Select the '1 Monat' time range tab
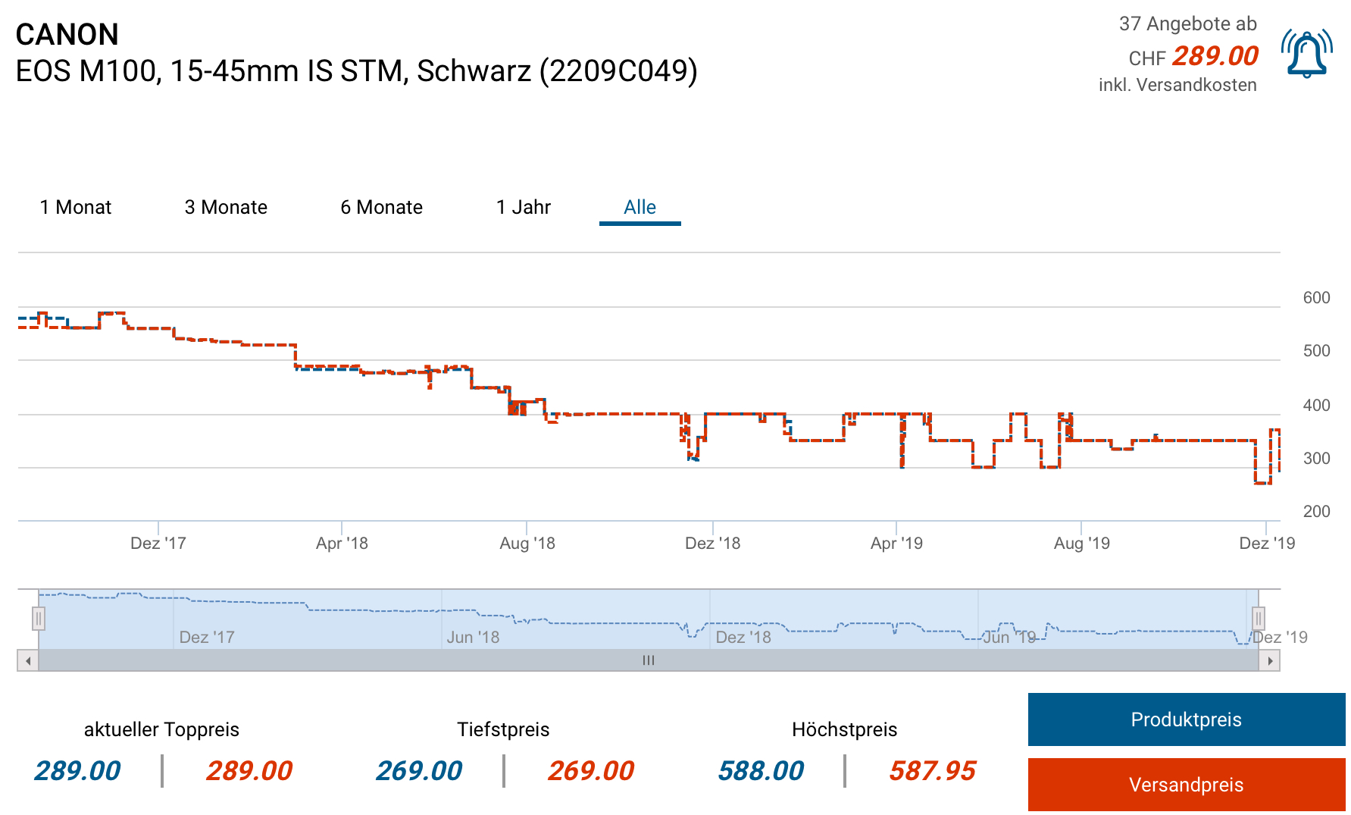tap(76, 207)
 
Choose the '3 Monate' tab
tap(226, 207)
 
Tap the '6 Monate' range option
tap(381, 207)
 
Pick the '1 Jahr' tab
tap(523, 207)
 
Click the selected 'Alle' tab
tap(640, 207)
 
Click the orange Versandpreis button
tap(1186, 785)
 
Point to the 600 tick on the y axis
tap(1316, 298)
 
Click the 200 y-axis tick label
tap(1316, 512)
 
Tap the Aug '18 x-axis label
tap(527, 543)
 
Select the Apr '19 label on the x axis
tap(896, 543)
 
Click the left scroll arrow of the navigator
tap(28, 661)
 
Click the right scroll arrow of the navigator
tap(1270, 661)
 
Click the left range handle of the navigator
tap(39, 619)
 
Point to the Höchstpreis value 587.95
tap(932, 771)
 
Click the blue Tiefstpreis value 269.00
tap(419, 771)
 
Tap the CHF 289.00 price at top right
tap(1215, 56)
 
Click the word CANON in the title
tap(67, 35)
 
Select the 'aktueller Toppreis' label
tap(161, 729)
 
